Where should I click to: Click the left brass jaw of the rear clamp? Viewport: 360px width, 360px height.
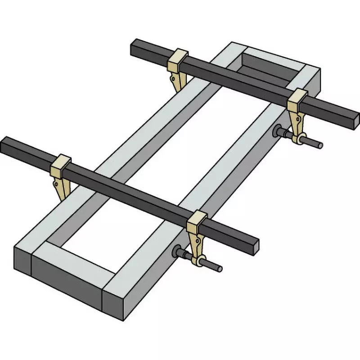[178, 67]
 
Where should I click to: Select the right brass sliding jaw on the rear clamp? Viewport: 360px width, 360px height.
[297, 112]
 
